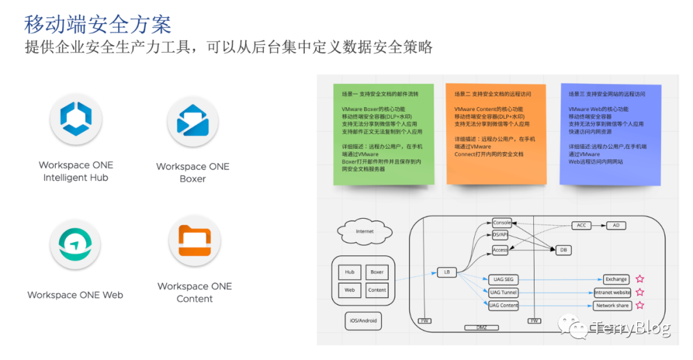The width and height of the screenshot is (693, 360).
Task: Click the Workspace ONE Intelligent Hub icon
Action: click(x=75, y=119)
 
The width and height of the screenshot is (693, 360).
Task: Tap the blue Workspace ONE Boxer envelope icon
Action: click(x=193, y=121)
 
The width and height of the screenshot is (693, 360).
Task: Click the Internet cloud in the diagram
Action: click(x=364, y=231)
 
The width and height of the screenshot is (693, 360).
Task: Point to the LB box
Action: click(x=447, y=272)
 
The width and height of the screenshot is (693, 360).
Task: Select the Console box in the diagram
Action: click(x=502, y=223)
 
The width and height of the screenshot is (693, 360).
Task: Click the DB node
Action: click(x=563, y=250)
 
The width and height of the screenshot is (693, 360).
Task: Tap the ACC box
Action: click(x=581, y=226)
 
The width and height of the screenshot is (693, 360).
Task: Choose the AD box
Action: click(x=616, y=226)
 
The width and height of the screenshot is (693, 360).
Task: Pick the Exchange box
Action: click(x=616, y=279)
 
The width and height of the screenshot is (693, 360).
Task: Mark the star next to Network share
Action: click(x=640, y=305)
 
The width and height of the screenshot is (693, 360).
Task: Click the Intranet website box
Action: click(x=612, y=293)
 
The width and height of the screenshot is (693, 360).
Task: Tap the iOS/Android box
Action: click(x=363, y=320)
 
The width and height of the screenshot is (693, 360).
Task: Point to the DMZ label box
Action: click(x=481, y=327)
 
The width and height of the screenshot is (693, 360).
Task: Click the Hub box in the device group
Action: click(x=350, y=272)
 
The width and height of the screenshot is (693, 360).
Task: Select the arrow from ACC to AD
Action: click(x=599, y=226)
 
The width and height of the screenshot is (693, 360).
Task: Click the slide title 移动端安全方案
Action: click(x=98, y=24)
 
